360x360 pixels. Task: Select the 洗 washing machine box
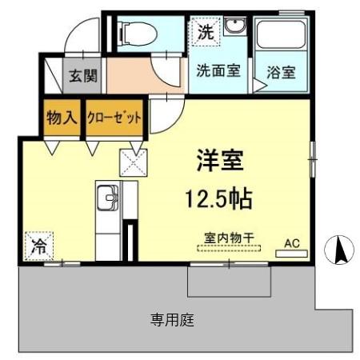pos(205,34)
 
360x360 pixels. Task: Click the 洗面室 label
pos(218,70)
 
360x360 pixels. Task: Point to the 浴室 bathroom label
pos(282,72)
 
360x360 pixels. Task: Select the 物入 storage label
pos(61,118)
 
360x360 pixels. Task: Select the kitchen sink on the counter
pos(107,197)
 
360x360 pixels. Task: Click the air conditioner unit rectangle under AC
pos(291,254)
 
